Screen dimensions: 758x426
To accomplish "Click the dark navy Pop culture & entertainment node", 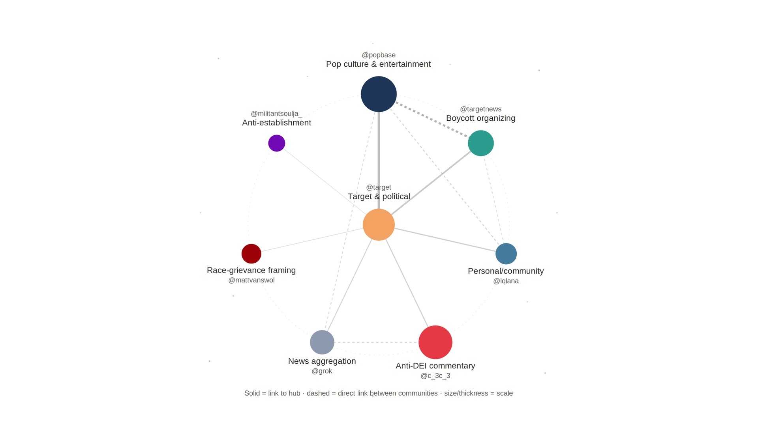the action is [379, 94].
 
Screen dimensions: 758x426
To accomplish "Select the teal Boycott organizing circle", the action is [480, 143].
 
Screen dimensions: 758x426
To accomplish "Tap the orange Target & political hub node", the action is [379, 224].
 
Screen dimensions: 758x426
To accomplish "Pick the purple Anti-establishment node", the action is [276, 143].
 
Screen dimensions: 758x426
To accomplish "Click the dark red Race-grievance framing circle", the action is [251, 254].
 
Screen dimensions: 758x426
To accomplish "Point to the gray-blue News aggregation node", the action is [322, 342].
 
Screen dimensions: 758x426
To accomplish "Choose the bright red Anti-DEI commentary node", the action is [435, 342].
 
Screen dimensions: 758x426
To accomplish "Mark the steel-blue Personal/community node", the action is [506, 254].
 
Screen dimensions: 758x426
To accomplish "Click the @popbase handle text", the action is [379, 55].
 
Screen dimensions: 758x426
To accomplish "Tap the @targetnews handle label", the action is [480, 109].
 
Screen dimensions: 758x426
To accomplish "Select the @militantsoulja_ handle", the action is [276, 114].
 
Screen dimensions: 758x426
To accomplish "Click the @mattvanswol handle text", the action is [251, 280].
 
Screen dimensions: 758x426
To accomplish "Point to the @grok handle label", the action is [322, 371].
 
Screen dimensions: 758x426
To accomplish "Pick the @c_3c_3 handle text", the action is [435, 376].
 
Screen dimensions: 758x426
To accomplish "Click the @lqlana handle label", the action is [506, 281].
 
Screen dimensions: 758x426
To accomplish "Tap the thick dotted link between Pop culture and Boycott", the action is [432, 120].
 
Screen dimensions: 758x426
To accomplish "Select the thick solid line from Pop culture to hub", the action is [379, 161].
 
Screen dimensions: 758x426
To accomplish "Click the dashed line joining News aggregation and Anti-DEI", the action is [376, 342].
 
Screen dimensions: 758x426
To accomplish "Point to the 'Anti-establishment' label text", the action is [276, 123].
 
